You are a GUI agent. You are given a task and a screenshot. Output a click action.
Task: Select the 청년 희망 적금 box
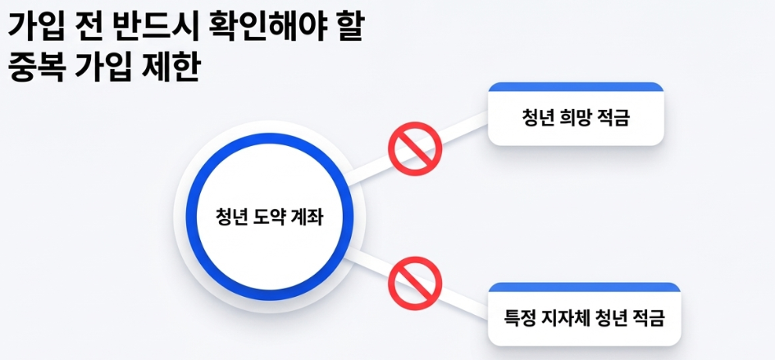575,117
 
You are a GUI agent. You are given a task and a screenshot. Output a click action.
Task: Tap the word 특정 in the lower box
522,317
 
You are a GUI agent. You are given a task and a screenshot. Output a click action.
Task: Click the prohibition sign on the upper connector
415,148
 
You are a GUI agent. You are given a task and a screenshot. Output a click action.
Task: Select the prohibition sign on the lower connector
415,283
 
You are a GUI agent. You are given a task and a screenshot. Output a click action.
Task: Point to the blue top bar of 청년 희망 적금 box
575,86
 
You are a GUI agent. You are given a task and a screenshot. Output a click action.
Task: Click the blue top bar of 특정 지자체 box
584,286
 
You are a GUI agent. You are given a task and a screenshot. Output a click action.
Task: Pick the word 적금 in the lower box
662,317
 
